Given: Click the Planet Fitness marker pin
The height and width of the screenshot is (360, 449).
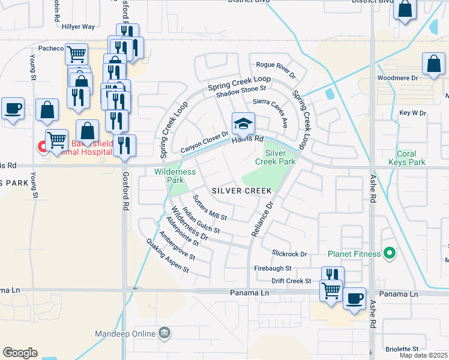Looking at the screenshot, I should coord(389,253).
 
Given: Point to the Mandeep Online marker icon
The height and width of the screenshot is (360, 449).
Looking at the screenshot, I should coord(164,333).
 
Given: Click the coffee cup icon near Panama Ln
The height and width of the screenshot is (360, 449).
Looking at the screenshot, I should coord(354,298).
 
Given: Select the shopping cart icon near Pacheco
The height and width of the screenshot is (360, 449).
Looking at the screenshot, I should coord(77,55).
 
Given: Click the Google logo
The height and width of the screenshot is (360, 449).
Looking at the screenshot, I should coord(20,353).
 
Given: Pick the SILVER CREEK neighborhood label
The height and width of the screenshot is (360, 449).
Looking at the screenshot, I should coord(242,190).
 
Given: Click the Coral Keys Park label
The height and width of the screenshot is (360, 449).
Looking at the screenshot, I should coord(406,158).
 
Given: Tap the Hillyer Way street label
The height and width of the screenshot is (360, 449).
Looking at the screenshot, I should coord(80,27).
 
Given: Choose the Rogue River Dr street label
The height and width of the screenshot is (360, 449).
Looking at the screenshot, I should coord(276,70).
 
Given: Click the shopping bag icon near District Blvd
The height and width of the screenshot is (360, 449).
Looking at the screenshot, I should coord(406,10).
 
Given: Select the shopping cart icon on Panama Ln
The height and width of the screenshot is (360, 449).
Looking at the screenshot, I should coord(331,290).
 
